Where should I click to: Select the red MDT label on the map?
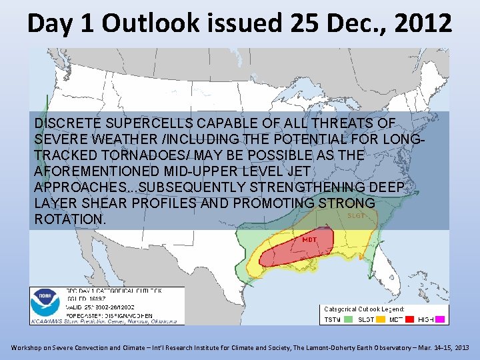coord(309,239)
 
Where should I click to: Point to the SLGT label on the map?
coord(356,215)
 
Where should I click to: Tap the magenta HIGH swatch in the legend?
coord(442,320)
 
